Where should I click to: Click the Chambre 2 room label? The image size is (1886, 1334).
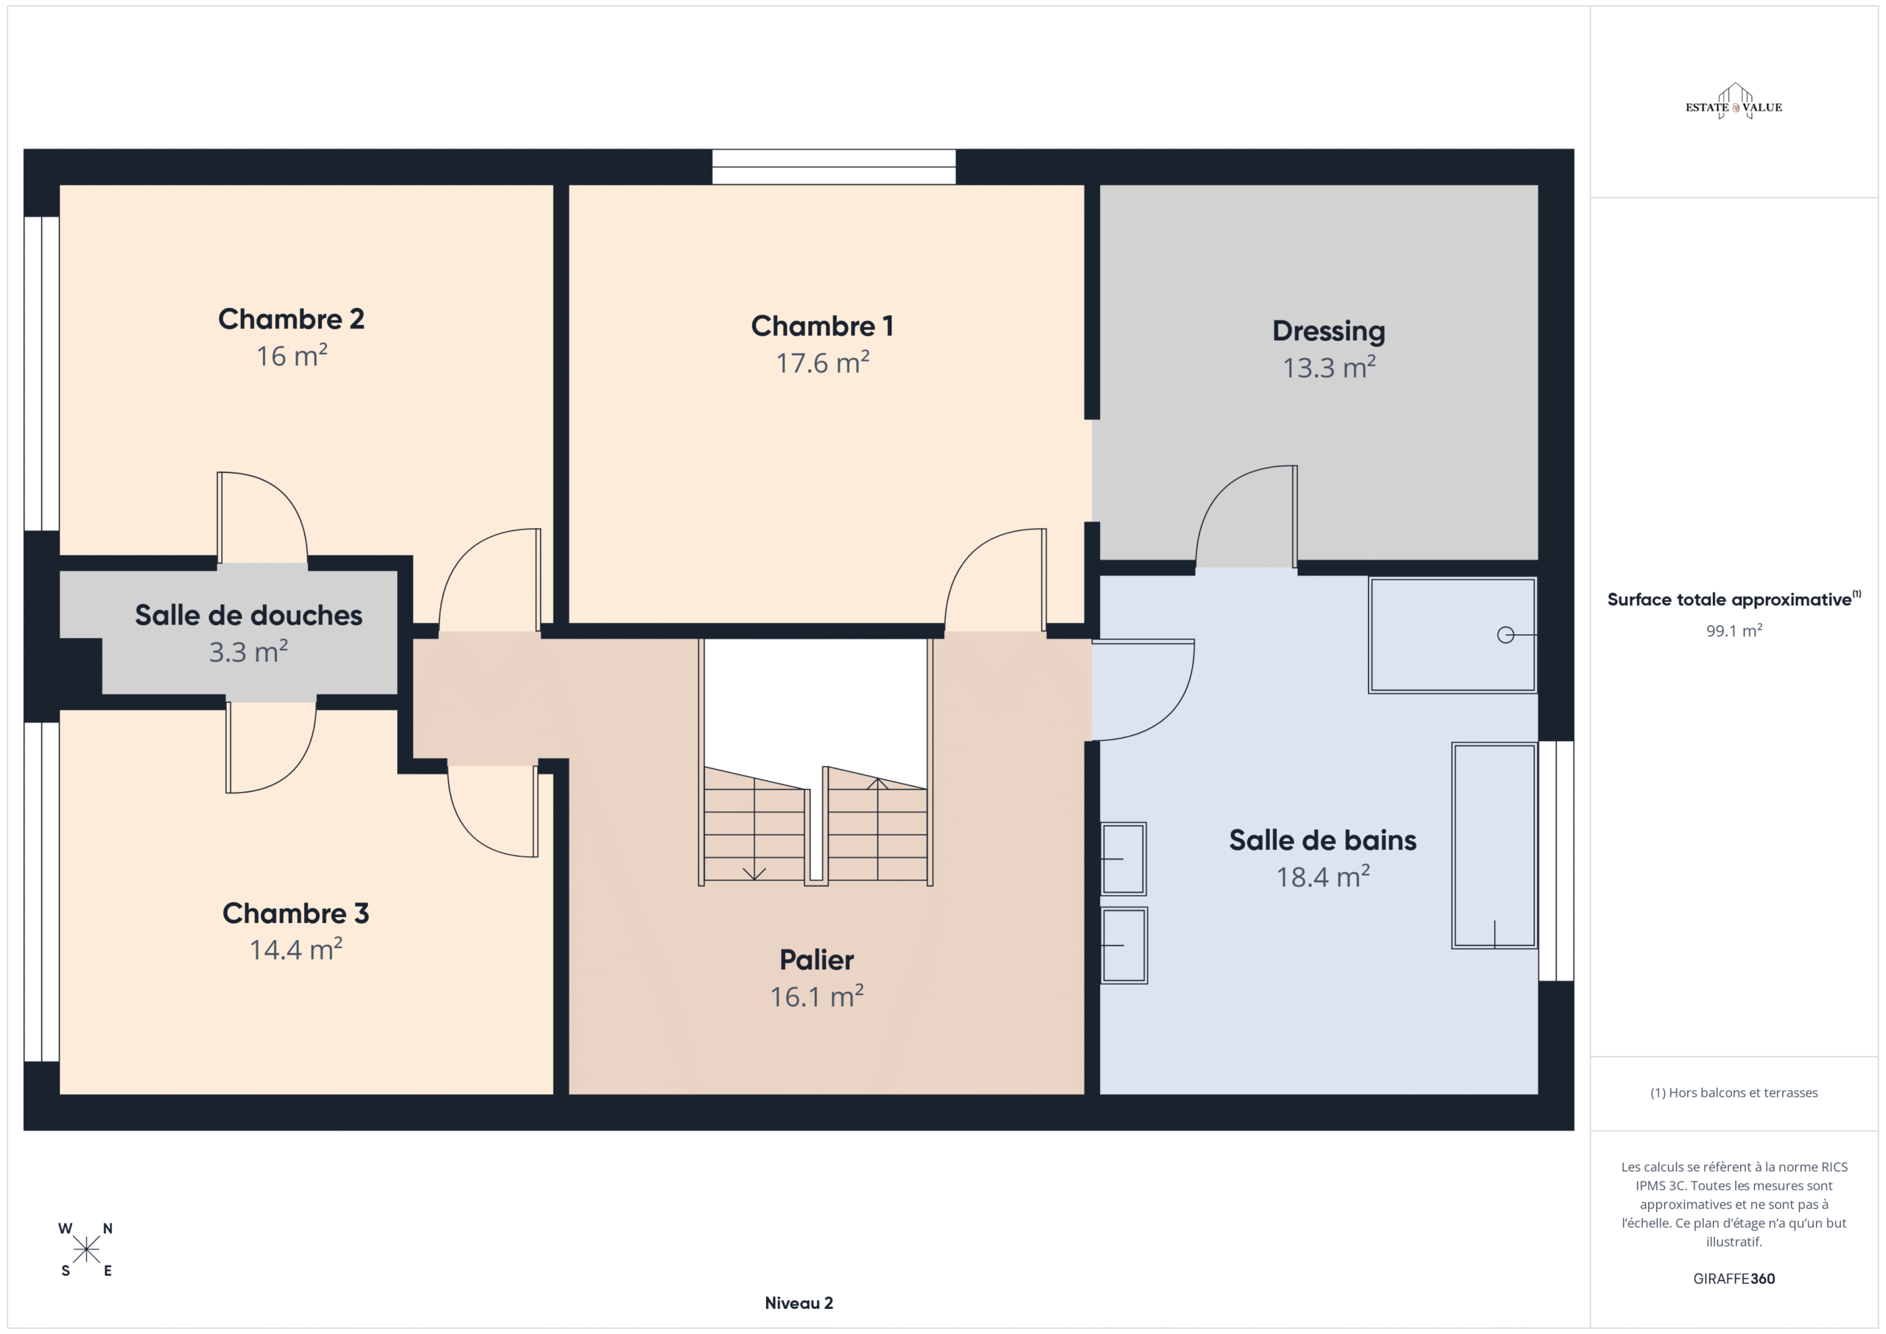[x=291, y=319]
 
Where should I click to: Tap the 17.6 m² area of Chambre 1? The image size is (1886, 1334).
[x=822, y=362]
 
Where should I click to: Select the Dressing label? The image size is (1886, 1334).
[x=1328, y=331]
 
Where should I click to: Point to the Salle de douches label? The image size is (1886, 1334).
[x=248, y=614]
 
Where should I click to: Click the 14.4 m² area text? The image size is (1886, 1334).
[x=295, y=949]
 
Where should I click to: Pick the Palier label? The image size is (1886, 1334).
[x=816, y=959]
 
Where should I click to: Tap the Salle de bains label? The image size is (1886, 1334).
[x=1322, y=840]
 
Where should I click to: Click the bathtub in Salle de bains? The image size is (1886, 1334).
[x=1494, y=846]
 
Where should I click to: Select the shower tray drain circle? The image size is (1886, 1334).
[x=1506, y=635]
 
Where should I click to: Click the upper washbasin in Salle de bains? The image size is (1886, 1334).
[x=1123, y=858]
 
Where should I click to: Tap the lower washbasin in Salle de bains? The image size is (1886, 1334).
[x=1123, y=946]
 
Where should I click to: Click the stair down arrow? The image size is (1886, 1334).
[x=754, y=829]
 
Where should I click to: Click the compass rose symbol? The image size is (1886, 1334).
[x=86, y=1250]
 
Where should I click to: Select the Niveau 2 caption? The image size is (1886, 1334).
[x=799, y=1303]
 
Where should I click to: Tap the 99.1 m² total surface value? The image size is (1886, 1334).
[x=1734, y=631]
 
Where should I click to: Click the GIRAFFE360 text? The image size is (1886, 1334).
[x=1734, y=1279]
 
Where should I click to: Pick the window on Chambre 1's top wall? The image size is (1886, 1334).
[x=834, y=166]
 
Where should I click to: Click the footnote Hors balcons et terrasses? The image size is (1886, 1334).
[x=1734, y=1092]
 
